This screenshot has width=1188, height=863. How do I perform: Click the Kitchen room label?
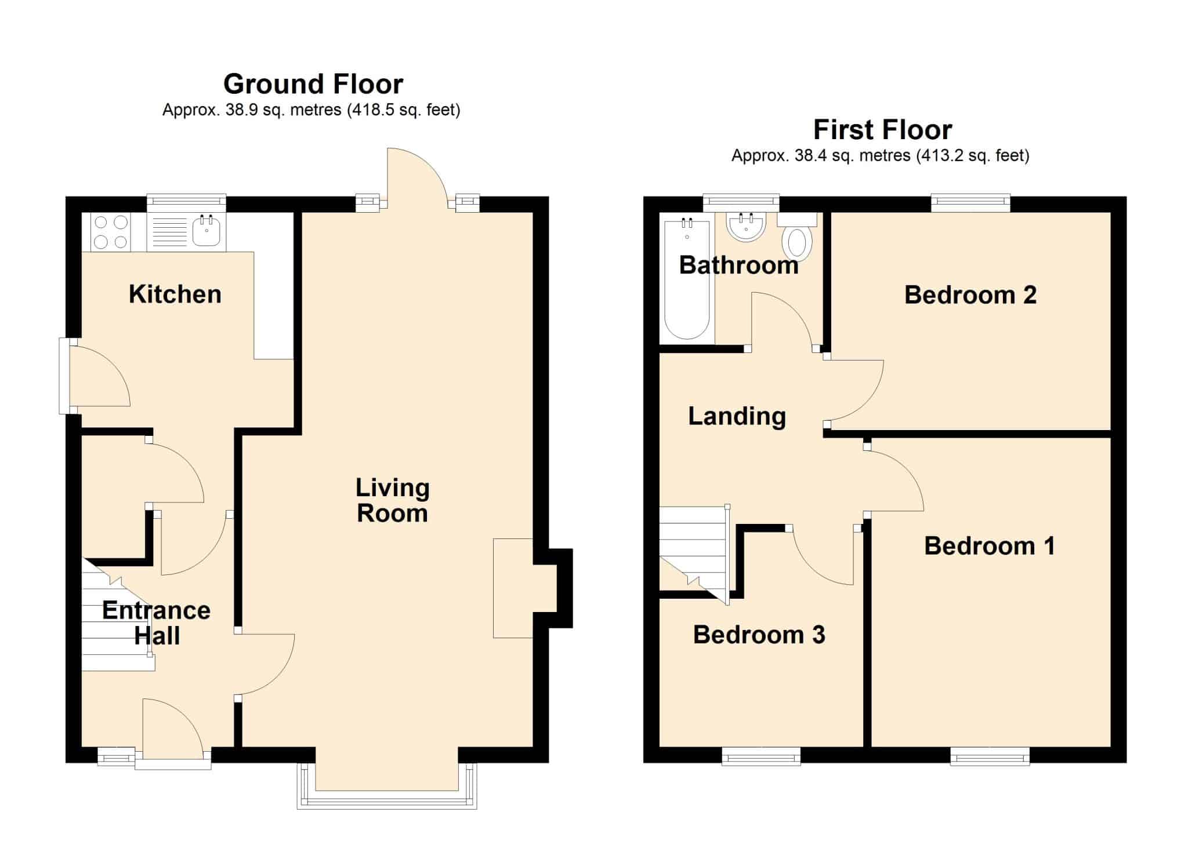click(175, 294)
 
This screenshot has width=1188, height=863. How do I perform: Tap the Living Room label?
click(393, 500)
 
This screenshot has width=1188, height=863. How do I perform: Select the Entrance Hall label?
click(157, 623)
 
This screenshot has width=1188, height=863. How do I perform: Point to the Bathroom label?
click(738, 265)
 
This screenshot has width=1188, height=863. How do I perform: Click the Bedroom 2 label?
click(970, 295)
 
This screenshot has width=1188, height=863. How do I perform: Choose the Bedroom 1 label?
click(990, 546)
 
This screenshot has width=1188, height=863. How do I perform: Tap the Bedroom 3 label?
click(759, 635)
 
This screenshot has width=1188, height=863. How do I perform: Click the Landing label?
click(737, 416)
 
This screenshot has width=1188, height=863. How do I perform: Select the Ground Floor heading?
click(313, 84)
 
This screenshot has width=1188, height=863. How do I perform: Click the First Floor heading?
click(882, 130)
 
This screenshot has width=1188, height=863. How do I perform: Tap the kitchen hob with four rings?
click(111, 232)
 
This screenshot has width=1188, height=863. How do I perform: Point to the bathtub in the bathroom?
click(687, 279)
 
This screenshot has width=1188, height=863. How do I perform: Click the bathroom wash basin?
click(747, 227)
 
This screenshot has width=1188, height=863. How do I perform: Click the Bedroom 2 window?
click(971, 202)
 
